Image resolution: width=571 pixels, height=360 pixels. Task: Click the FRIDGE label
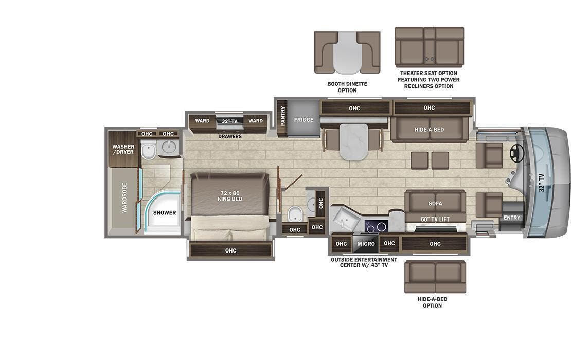(304, 120)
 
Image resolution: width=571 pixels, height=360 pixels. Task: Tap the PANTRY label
(282, 116)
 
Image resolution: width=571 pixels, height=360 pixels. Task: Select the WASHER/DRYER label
(123, 149)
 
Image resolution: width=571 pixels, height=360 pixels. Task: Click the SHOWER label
(164, 212)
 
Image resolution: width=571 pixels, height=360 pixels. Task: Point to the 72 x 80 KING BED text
(230, 196)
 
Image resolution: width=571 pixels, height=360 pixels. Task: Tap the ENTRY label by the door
(512, 218)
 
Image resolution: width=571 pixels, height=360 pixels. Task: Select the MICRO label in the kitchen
(366, 243)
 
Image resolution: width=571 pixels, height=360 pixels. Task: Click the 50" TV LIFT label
(435, 219)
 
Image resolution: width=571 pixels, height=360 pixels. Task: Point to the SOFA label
(435, 203)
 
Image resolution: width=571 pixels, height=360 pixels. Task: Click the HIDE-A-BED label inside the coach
(429, 130)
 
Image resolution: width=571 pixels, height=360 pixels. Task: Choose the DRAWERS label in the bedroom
(230, 136)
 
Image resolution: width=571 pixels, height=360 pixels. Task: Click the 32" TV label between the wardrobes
(229, 121)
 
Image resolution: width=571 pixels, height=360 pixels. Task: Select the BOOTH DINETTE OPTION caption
(347, 87)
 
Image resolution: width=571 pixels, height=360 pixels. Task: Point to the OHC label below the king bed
(230, 250)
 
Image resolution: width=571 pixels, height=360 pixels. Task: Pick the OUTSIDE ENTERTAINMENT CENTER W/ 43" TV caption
(364, 262)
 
